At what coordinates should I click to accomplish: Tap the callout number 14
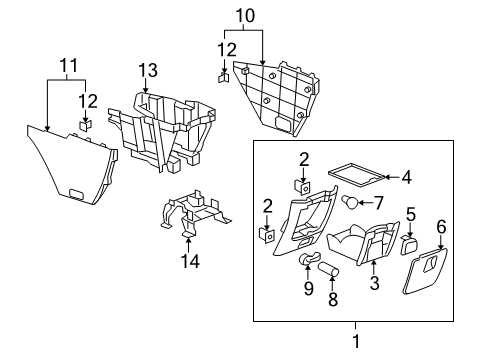point(188,261)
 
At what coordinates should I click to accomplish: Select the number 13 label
point(149,69)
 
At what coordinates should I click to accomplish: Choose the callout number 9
point(308,288)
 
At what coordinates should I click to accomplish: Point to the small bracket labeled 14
point(193,216)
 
